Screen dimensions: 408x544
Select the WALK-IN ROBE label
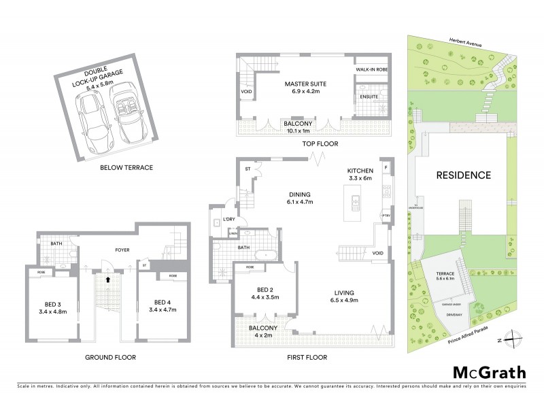point(371,69)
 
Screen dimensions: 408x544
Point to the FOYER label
point(103,250)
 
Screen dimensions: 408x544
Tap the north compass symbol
point(515,341)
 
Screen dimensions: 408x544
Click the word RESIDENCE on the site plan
point(463,175)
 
